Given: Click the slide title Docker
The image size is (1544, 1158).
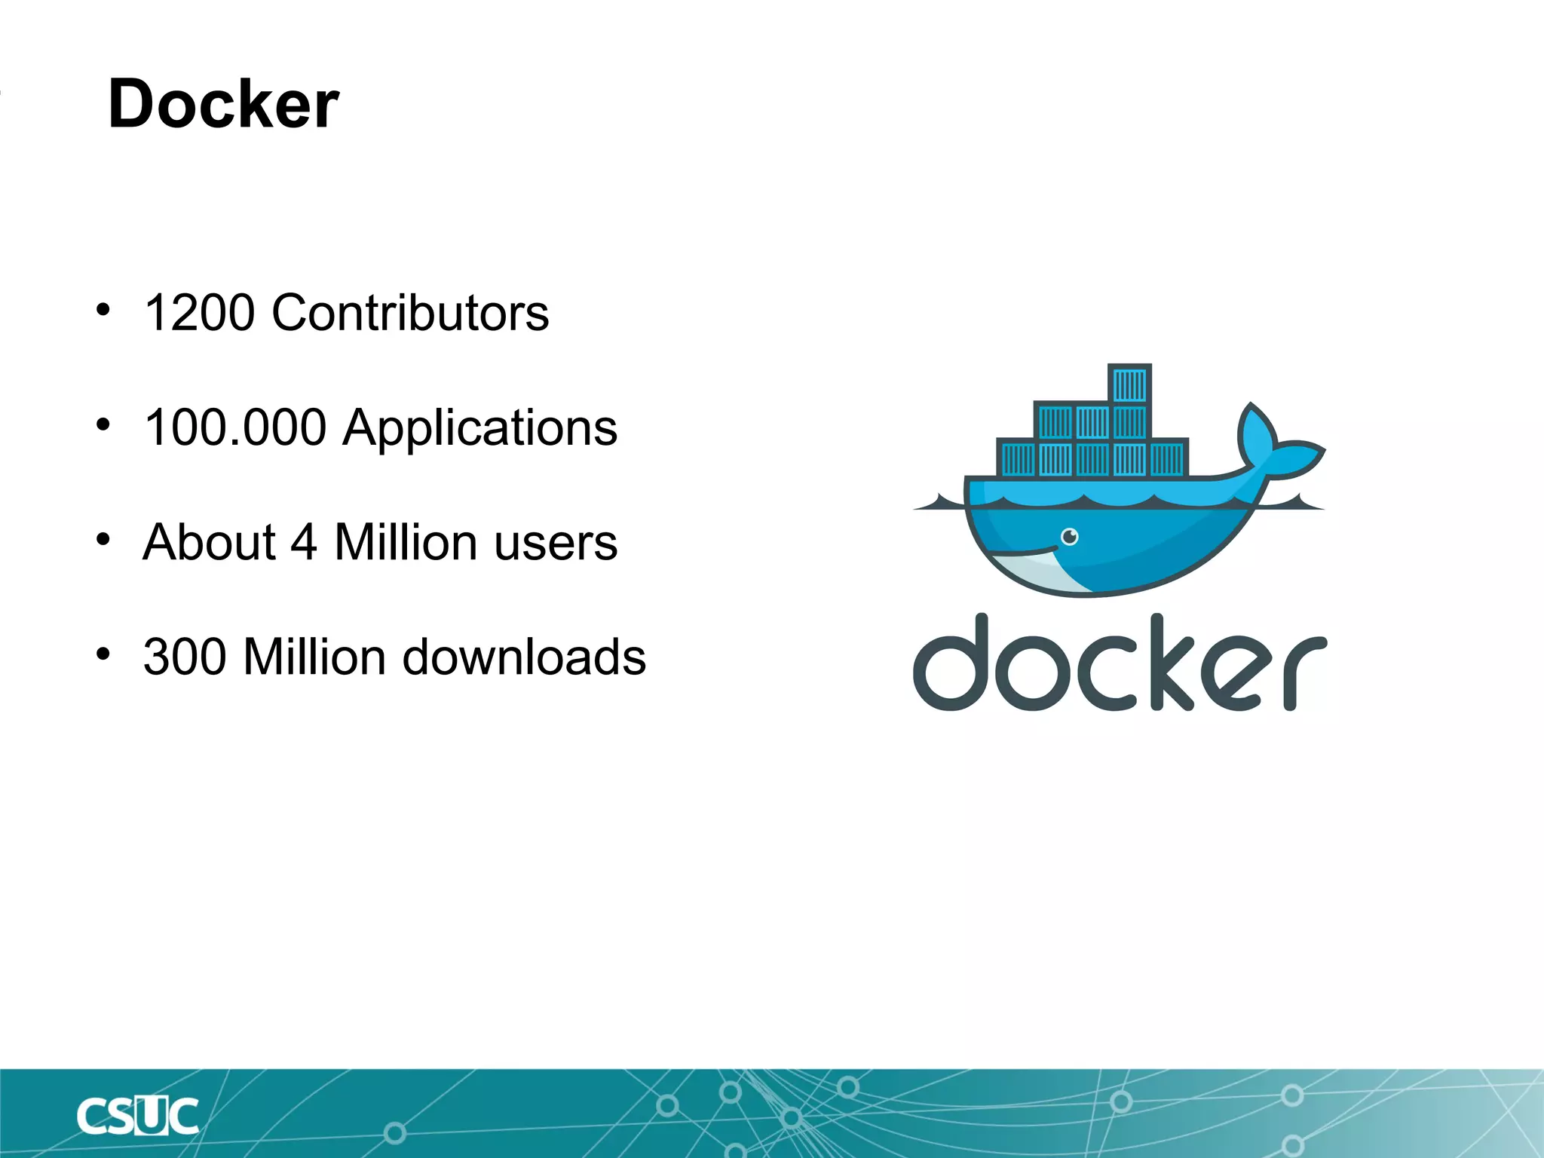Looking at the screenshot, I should (223, 104).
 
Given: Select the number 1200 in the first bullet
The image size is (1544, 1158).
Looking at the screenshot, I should (199, 313).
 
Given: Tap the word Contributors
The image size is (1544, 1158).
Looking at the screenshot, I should (410, 313).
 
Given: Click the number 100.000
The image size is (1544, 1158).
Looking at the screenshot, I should (234, 427).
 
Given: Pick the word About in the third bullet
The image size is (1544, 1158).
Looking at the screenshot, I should (210, 542).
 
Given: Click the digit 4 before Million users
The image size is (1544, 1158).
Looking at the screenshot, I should (304, 542).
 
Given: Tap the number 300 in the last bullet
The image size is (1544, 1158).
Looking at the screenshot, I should (185, 657).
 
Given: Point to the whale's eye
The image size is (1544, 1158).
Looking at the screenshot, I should (1070, 537).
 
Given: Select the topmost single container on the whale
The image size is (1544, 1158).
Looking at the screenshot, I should (1129, 384).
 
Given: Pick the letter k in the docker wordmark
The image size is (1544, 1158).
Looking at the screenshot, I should (1165, 663).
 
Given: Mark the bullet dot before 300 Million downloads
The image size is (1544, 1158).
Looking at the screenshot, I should (103, 654).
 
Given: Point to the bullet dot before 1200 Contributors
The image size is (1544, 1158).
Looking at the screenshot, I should (103, 310).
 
